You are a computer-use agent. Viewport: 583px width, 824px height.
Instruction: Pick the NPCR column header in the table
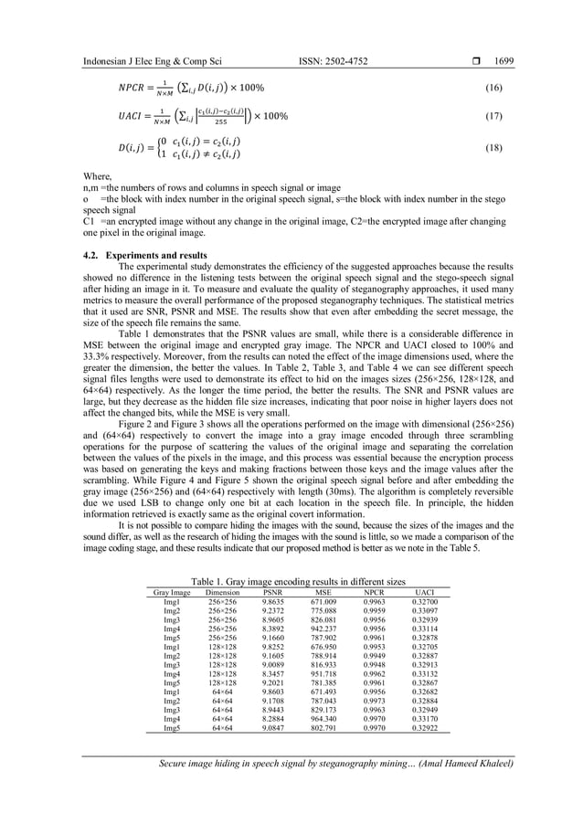373,593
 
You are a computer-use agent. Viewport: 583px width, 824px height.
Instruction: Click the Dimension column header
222,593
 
